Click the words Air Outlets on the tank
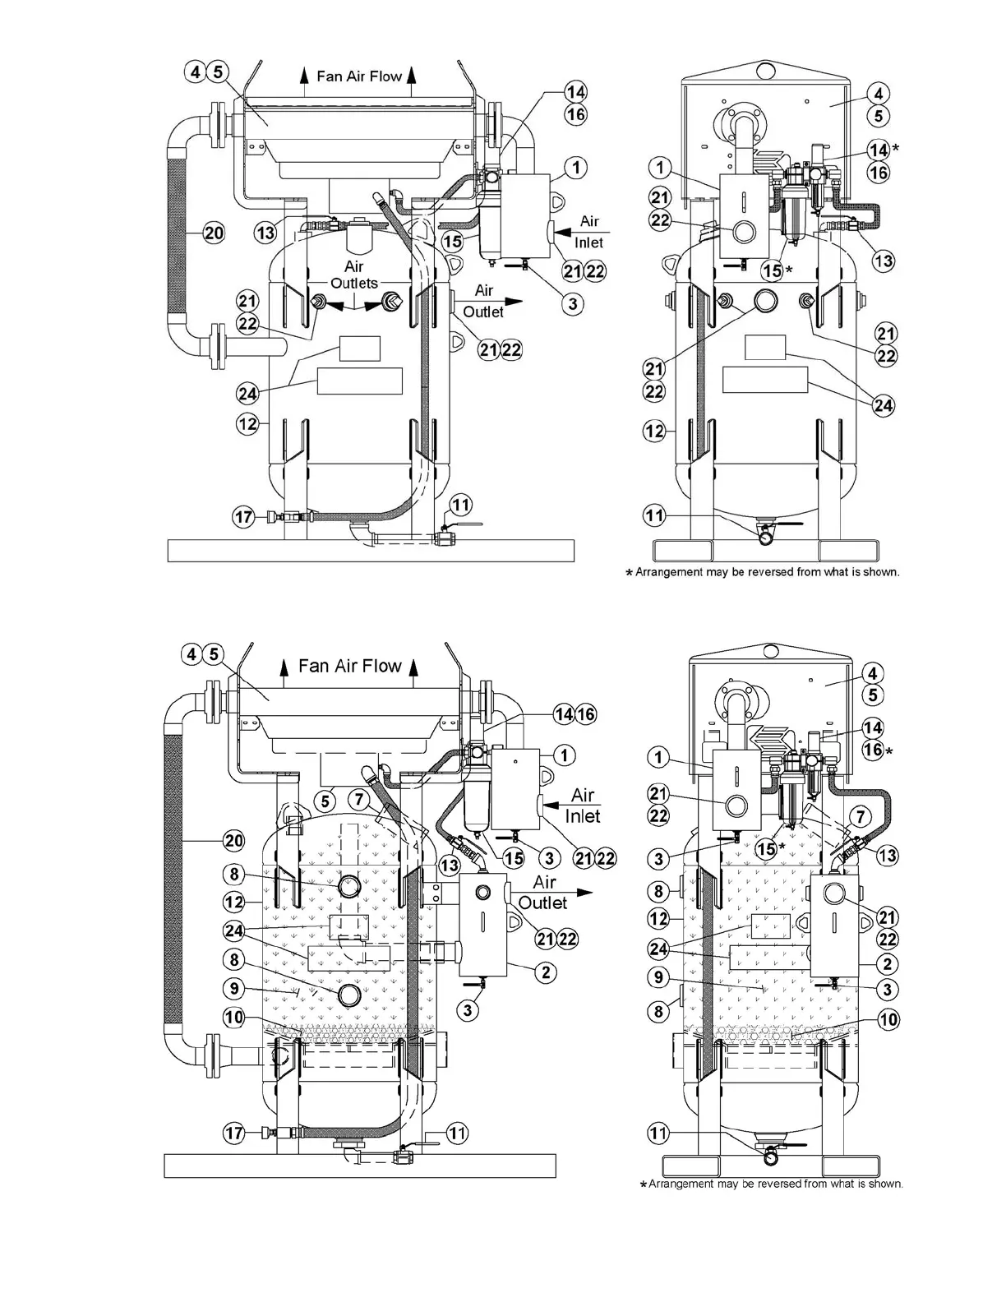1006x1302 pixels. click(354, 275)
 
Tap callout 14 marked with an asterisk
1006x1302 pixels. click(879, 150)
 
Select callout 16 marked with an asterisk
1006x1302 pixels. click(873, 750)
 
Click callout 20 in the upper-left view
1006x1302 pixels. click(213, 233)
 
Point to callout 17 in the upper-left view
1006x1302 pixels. click(244, 517)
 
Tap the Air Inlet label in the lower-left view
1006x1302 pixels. click(582, 806)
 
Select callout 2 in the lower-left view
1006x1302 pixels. click(545, 972)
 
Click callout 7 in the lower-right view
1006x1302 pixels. click(860, 816)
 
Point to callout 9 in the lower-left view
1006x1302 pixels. click(234, 989)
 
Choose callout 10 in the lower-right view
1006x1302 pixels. click(888, 1020)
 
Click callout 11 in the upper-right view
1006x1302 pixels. click(653, 515)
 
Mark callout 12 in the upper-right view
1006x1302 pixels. click(654, 430)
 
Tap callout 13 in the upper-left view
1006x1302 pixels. click(265, 233)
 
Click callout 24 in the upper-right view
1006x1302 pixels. click(884, 405)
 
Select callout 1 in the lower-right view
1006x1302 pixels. click(658, 757)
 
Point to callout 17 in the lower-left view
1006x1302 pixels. click(234, 1133)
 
